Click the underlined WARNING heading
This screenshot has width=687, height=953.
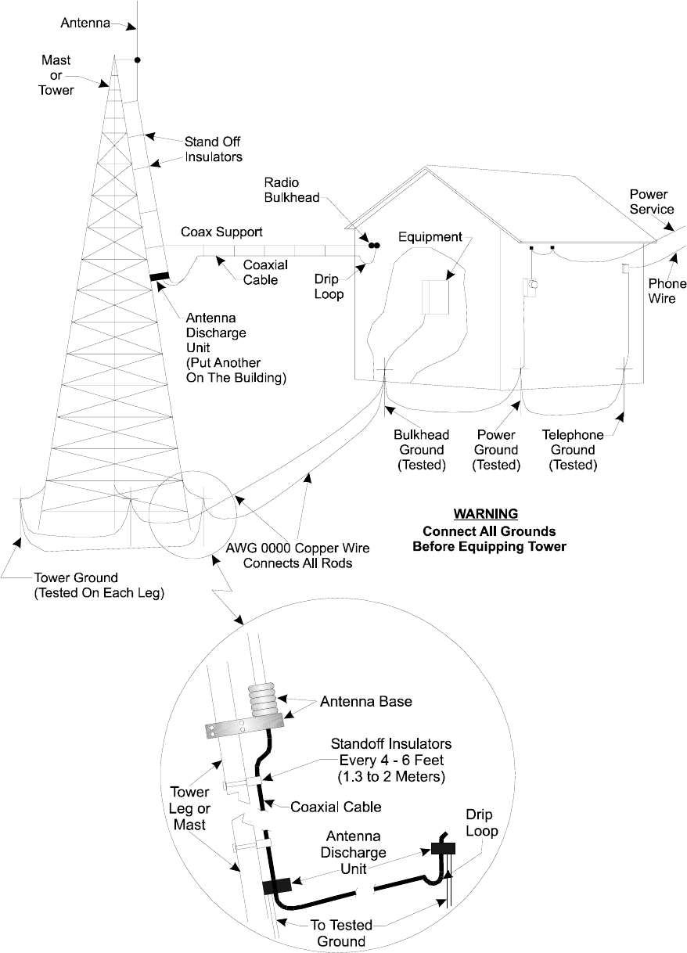pos(486,514)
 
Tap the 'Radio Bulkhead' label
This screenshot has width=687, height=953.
pos(291,189)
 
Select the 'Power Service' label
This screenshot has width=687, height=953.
pos(652,201)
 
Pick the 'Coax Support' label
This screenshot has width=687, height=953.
pos(222,232)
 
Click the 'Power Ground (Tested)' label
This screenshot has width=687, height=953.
pos(496,450)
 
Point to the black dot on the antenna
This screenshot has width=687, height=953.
pos(137,59)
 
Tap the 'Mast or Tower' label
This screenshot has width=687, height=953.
pos(56,74)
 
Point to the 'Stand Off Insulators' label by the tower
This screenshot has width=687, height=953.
pos(213,149)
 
